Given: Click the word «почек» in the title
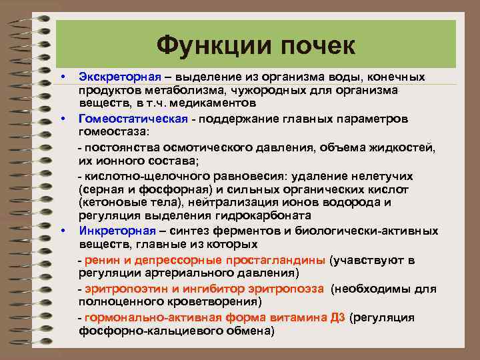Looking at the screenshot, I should tap(313, 46).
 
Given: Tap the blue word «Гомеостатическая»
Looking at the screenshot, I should tap(126, 119).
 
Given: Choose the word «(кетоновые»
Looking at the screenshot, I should tap(107, 201).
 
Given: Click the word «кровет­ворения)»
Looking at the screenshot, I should tap(217, 301).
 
